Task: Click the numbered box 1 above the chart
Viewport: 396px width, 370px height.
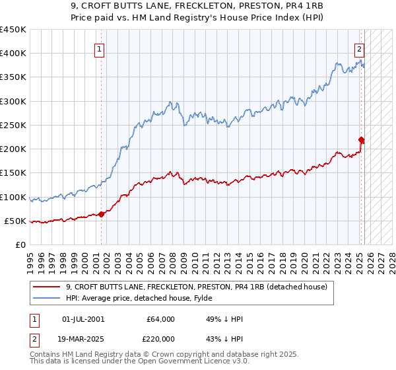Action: click(x=99, y=48)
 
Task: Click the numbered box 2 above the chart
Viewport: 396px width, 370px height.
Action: click(x=359, y=48)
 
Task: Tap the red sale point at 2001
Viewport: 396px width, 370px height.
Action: click(x=102, y=213)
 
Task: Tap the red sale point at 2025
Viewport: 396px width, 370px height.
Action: click(x=361, y=139)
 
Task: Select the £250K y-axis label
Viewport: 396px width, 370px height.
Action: click(x=13, y=125)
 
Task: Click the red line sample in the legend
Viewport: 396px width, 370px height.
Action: click(x=46, y=287)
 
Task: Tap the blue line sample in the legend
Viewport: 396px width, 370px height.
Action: click(x=46, y=298)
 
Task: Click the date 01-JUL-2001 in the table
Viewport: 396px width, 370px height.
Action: click(x=83, y=320)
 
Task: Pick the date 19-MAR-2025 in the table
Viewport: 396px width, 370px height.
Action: click(x=84, y=338)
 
